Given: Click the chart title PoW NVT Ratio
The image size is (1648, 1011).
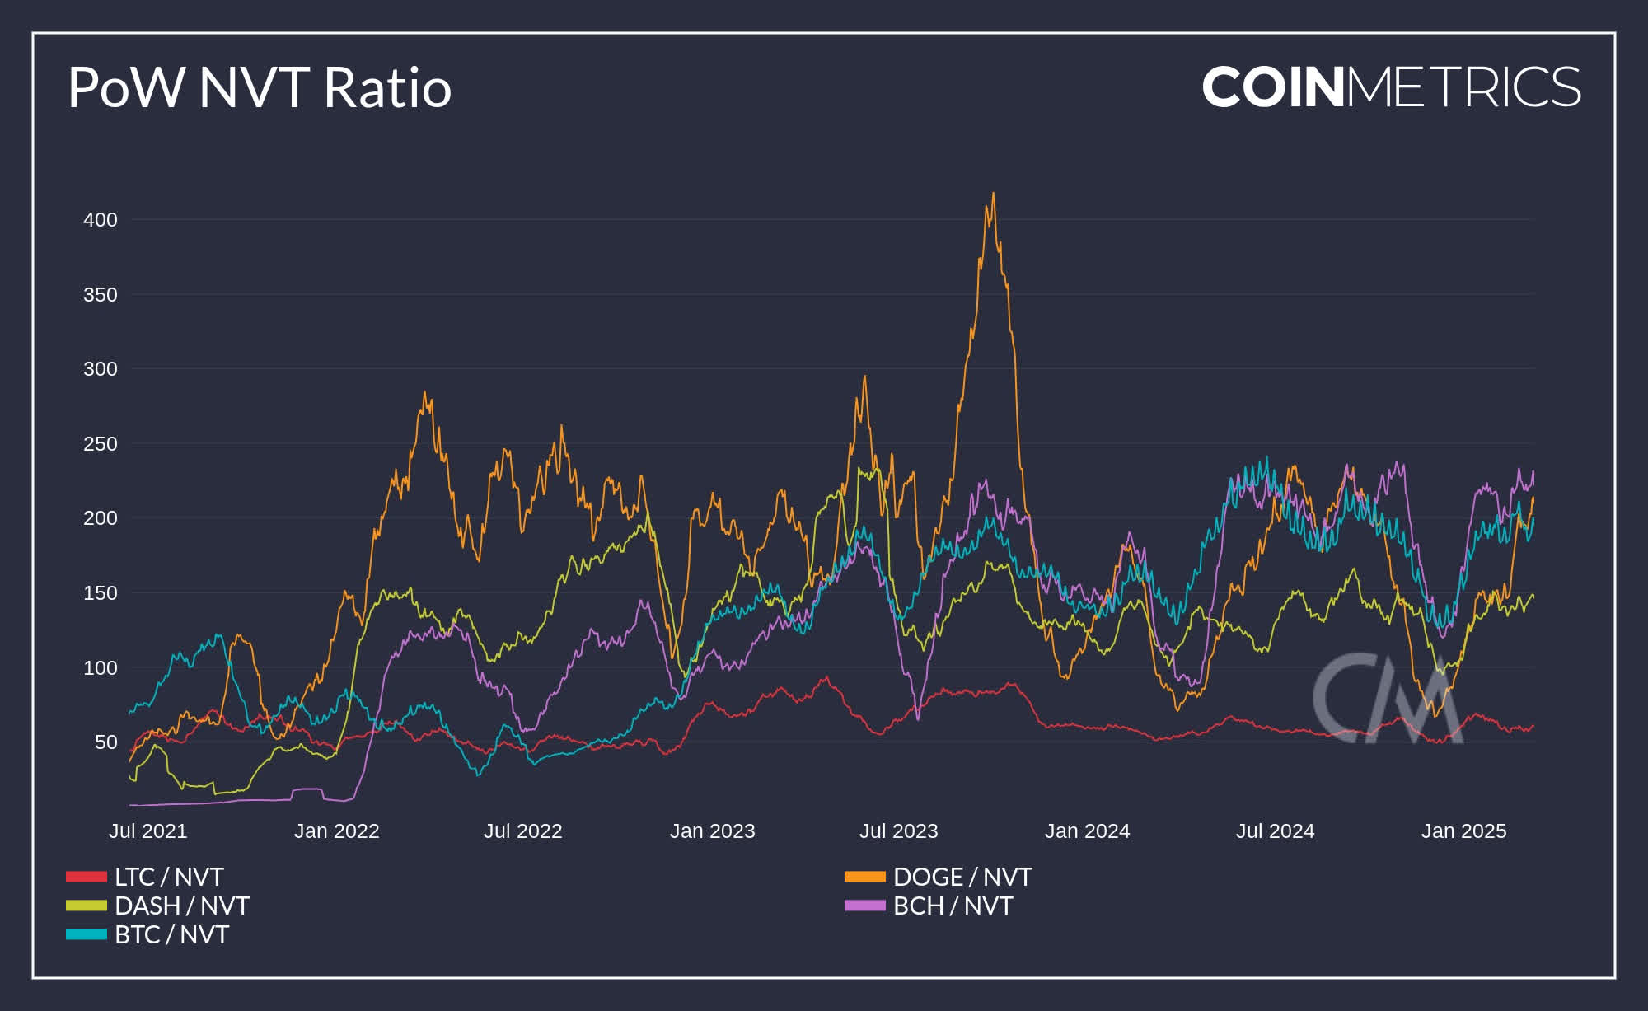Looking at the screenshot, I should pos(260,87).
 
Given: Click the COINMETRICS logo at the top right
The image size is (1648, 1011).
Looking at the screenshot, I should pos(1391,87).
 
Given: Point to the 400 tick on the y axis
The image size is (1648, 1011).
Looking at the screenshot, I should pos(100,220).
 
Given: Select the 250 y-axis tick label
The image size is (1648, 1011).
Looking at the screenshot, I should pos(100,444).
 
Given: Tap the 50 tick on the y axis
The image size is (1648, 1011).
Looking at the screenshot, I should pos(105,742).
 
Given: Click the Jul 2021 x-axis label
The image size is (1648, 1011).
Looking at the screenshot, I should pos(148,831).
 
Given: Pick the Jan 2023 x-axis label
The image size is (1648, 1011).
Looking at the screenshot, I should pos(712,831).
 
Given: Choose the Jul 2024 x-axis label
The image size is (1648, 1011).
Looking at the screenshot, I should pos(1275,831).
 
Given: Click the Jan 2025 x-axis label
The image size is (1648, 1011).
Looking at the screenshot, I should pos(1463,831).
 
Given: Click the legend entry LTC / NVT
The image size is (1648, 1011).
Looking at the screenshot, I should pos(169,877).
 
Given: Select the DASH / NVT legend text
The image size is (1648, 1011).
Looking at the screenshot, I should pos(181,906).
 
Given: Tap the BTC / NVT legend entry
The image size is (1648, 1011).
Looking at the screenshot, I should pos(171,934).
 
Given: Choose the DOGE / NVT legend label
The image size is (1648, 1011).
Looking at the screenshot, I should pos(962,877).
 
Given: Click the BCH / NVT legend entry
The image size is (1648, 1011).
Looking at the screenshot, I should pos(953,906).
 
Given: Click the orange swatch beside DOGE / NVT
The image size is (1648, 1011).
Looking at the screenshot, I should pos(864,877).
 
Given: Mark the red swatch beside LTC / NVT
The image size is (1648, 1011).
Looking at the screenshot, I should pos(87,877).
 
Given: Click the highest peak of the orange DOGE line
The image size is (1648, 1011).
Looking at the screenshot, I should pos(993,194).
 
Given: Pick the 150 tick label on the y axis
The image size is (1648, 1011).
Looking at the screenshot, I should pos(100,593).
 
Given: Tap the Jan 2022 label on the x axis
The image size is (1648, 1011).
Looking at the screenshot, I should pos(336,831).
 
